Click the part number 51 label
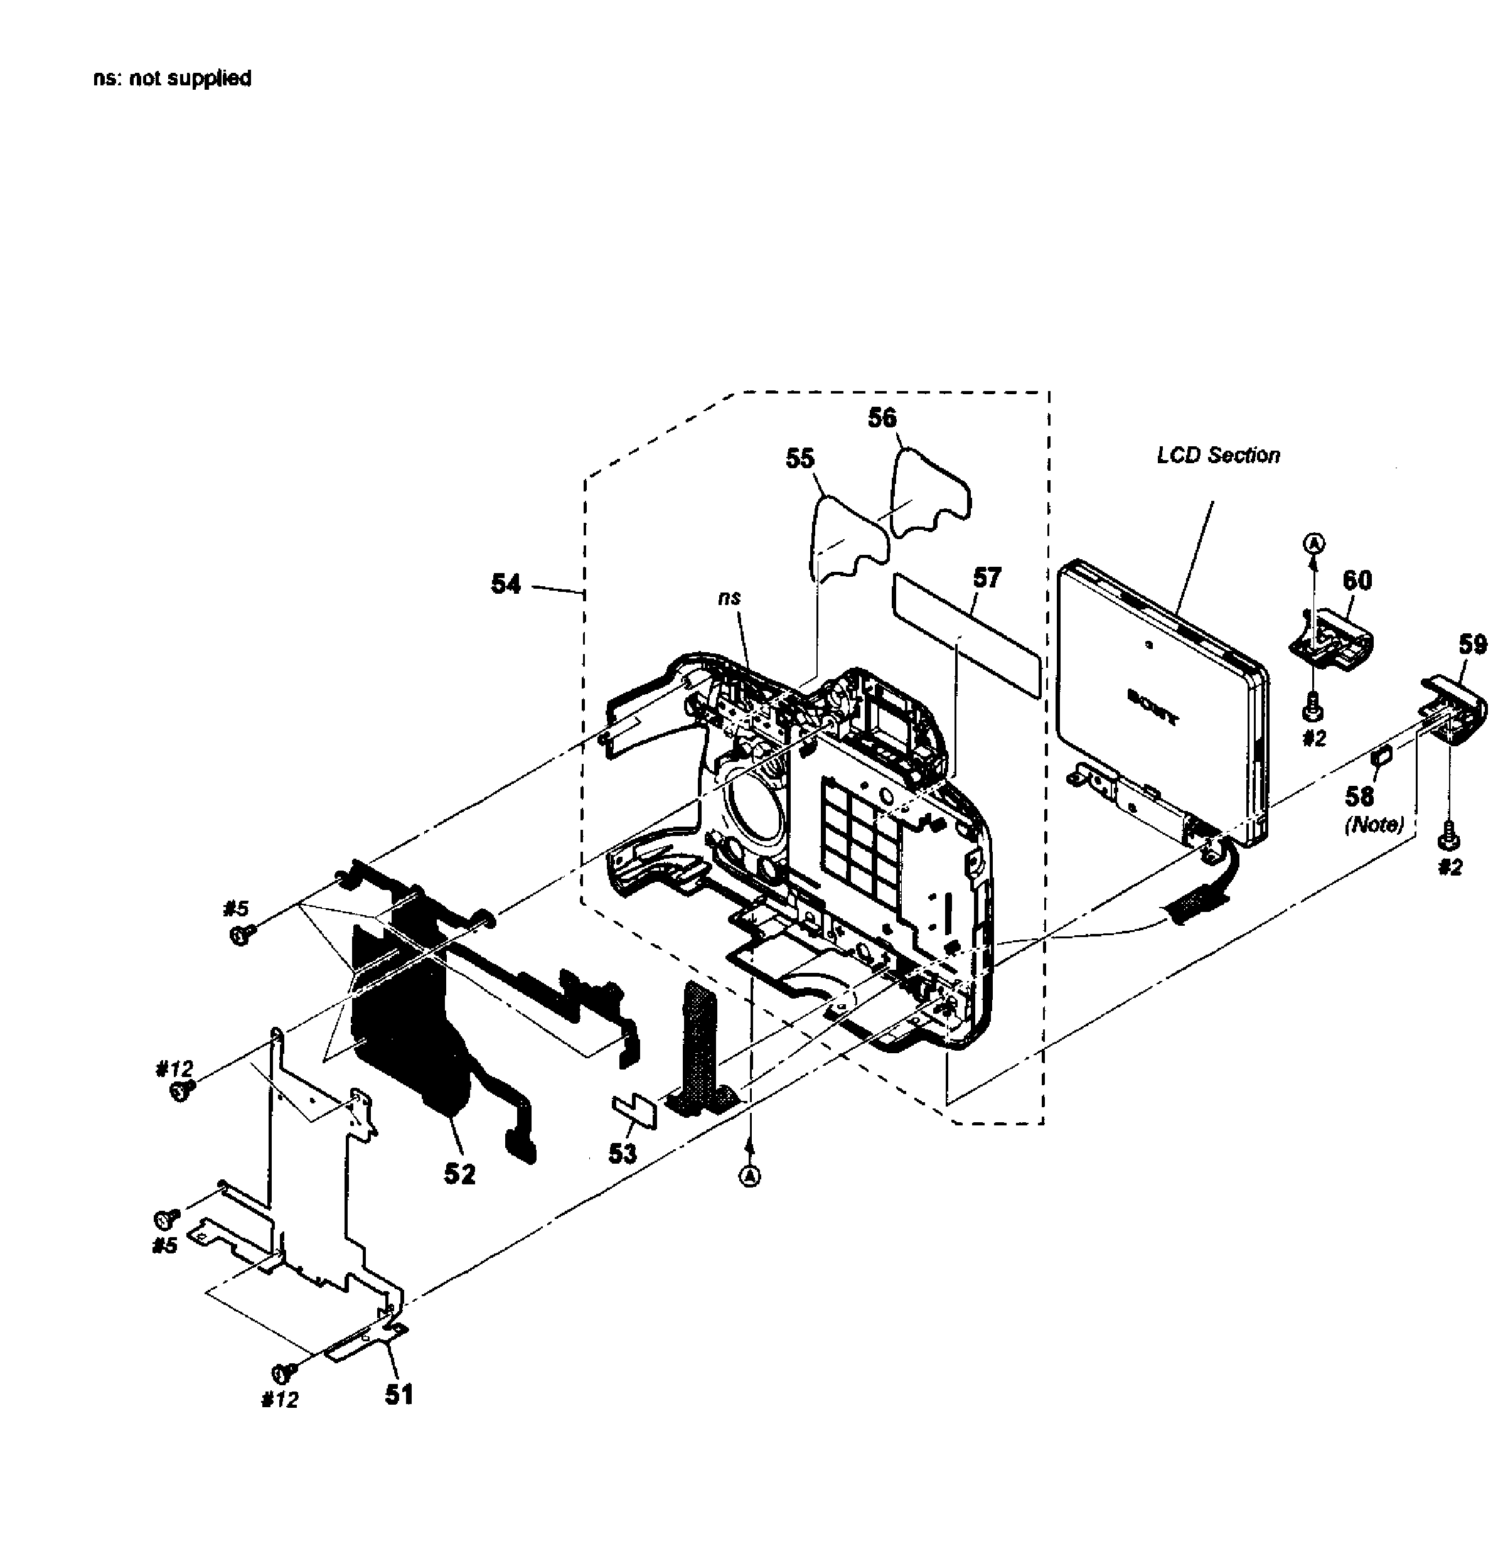pyautogui.click(x=398, y=1394)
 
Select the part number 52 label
pyautogui.click(x=459, y=1174)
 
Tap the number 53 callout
pyautogui.click(x=623, y=1153)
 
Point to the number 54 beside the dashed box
pyautogui.click(x=506, y=584)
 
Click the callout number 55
pyautogui.click(x=800, y=459)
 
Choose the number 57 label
pyautogui.click(x=987, y=577)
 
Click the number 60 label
pyautogui.click(x=1357, y=580)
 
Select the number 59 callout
pyautogui.click(x=1473, y=644)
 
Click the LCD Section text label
pyautogui.click(x=1217, y=456)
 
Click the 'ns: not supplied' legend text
pyautogui.click(x=172, y=78)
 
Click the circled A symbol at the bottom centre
pyautogui.click(x=749, y=1176)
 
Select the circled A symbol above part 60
pyautogui.click(x=1313, y=544)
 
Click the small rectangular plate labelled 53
pyautogui.click(x=634, y=1110)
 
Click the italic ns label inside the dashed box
pyautogui.click(x=729, y=598)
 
